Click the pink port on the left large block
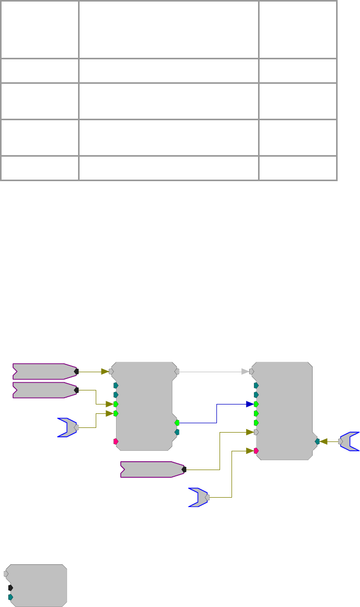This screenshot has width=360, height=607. point(115,441)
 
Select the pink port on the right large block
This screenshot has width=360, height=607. point(256,450)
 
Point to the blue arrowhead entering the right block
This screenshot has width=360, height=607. point(250,404)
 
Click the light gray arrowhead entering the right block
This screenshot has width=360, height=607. point(245,372)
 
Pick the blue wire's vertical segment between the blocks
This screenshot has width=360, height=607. point(216,413)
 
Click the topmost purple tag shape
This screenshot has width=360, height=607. point(44,372)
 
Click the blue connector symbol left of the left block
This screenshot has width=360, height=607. point(68,427)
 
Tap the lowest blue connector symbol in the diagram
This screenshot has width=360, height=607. point(199,497)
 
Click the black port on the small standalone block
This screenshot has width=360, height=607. point(10,587)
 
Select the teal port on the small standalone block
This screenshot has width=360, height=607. point(10,597)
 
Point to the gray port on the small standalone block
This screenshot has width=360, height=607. point(6,574)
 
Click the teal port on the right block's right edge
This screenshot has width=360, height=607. point(317,441)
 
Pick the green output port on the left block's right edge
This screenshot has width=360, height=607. point(177,423)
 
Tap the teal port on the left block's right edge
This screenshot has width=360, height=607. point(177,432)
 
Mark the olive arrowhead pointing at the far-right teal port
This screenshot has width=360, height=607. point(324,441)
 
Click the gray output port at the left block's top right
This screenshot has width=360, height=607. point(177,372)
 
